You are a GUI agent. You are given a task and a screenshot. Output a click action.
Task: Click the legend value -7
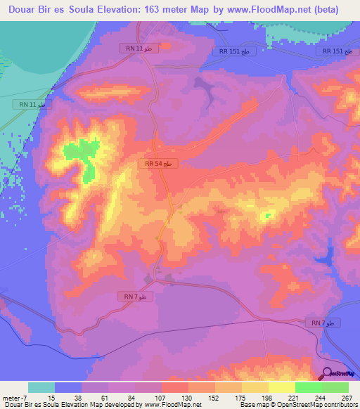[x=25, y=397]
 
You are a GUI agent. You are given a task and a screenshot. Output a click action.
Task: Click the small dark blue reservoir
[x=328, y=257]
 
